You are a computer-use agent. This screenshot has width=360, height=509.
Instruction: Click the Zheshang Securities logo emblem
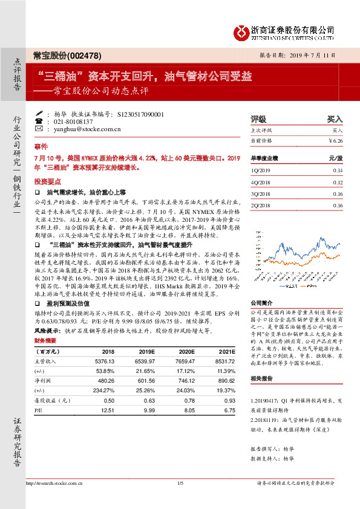(x=242, y=30)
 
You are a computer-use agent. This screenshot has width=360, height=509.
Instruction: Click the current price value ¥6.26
(x=336, y=140)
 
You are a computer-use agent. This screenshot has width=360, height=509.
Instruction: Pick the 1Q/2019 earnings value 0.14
(x=337, y=170)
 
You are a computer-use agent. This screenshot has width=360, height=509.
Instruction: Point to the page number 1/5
(x=180, y=482)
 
